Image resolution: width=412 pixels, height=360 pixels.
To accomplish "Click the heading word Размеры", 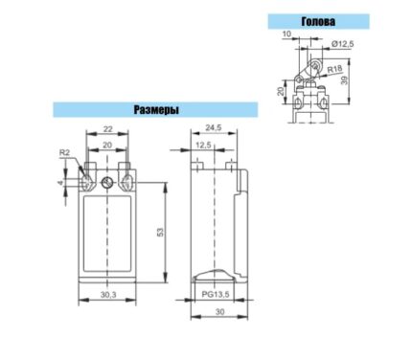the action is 156,110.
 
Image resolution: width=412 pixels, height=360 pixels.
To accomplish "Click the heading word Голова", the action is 318,21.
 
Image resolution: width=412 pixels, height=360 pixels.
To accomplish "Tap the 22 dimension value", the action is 107,129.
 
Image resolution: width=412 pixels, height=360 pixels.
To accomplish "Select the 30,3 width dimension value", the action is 108,295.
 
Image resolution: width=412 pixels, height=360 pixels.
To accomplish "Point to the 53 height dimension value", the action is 160,232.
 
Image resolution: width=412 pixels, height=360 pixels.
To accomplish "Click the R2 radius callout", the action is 64,152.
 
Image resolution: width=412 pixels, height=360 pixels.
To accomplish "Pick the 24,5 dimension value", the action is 214,127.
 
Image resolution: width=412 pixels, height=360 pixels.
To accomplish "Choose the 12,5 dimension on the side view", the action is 203,145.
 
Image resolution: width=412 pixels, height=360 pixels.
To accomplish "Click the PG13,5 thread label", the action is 216,294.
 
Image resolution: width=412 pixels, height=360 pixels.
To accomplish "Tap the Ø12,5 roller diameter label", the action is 342,44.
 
